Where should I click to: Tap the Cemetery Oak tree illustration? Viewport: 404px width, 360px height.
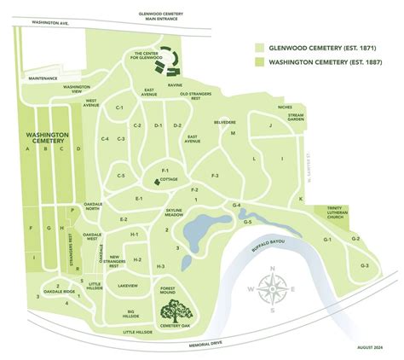click(x=175, y=309)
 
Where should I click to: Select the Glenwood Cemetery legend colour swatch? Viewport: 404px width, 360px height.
click(x=260, y=49)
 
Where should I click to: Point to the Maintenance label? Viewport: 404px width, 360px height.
click(x=42, y=78)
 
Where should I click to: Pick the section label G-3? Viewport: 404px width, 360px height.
click(x=364, y=266)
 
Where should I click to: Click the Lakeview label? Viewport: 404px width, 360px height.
click(x=128, y=285)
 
